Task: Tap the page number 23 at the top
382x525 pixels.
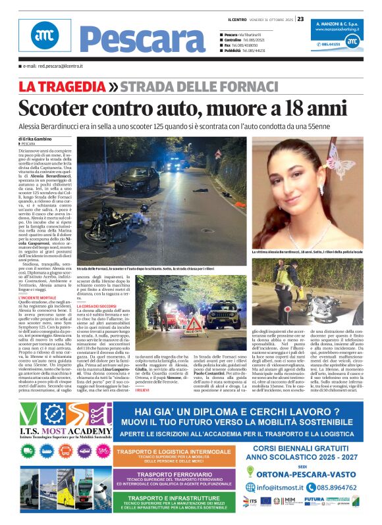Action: click(x=300, y=19)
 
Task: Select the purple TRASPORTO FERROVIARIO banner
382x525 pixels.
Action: click(x=173, y=478)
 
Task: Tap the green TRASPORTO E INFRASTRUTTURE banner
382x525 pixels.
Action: click(x=173, y=503)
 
